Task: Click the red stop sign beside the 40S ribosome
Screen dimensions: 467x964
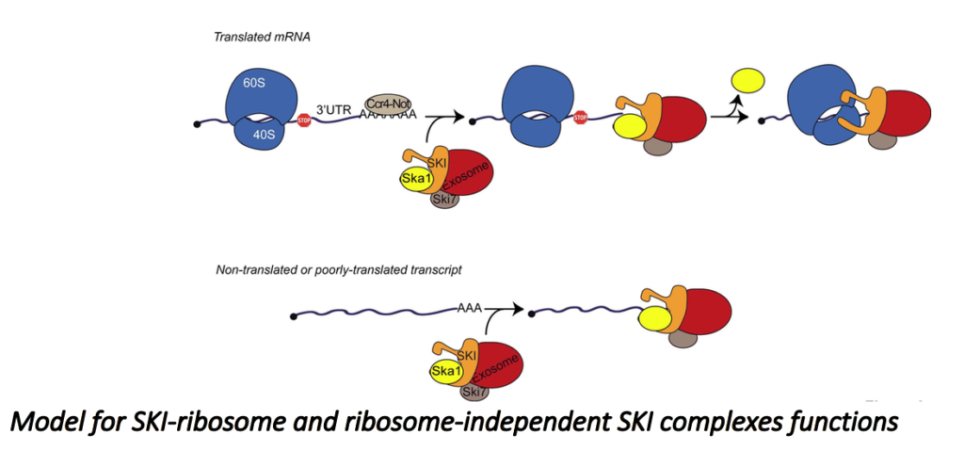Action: click(x=304, y=121)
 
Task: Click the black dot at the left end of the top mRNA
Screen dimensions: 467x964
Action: click(x=196, y=122)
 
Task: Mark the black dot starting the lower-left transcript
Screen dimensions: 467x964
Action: click(x=296, y=314)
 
